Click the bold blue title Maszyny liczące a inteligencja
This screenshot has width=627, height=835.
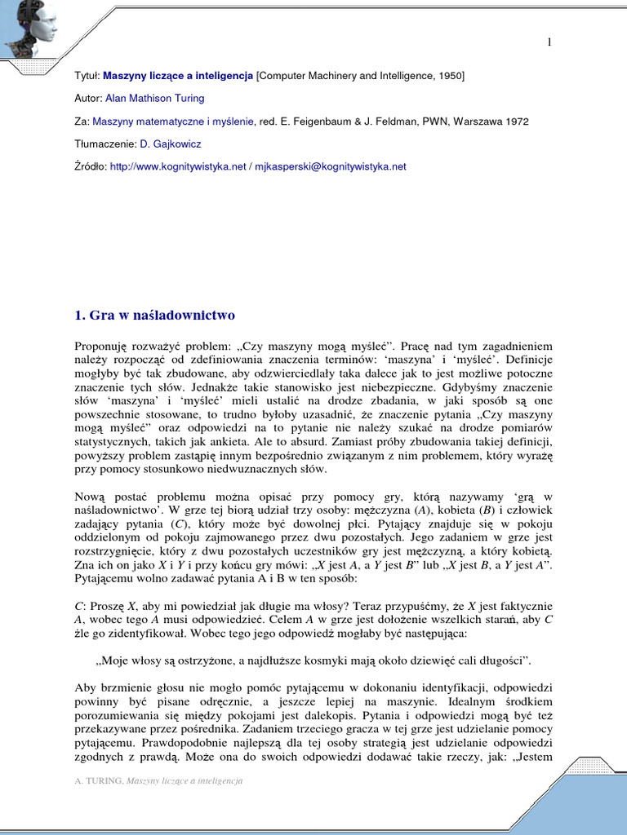point(179,76)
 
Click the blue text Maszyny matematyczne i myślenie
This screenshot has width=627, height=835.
point(174,121)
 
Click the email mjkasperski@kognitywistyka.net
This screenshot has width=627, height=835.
point(330,167)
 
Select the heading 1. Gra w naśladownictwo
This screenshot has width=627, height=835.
point(154,314)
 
